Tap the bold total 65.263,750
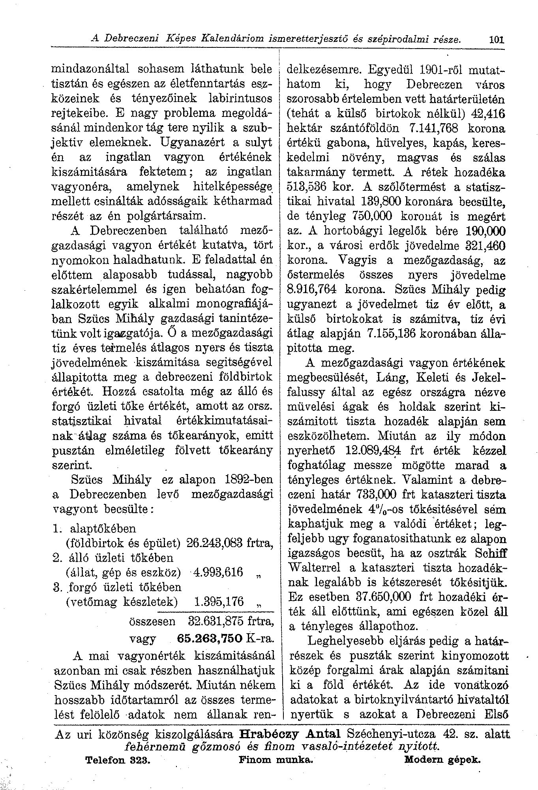pos(210,639)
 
